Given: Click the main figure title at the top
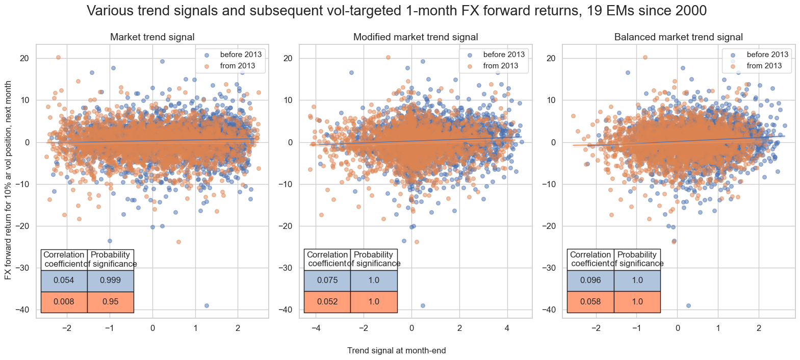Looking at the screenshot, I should pyautogui.click(x=397, y=11).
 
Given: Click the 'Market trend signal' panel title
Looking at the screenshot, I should pyautogui.click(x=152, y=37).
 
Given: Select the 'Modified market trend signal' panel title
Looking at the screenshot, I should pyautogui.click(x=416, y=37).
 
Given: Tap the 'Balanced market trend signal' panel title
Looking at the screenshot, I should pyautogui.click(x=679, y=37).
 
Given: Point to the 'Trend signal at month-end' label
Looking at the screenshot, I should pyautogui.click(x=397, y=350).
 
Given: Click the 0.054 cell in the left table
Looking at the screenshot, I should pyautogui.click(x=64, y=280).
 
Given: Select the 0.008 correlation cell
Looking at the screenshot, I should pyautogui.click(x=64, y=302).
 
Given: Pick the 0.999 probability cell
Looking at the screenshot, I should pyautogui.click(x=111, y=280).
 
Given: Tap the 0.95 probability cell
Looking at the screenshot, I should pyautogui.click(x=111, y=302).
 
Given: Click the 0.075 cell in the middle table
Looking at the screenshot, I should pyautogui.click(x=327, y=280).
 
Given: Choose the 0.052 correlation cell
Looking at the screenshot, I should pyautogui.click(x=327, y=302).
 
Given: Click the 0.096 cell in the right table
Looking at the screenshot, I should pyautogui.click(x=590, y=280).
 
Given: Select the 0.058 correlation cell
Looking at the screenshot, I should pyautogui.click(x=590, y=302).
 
